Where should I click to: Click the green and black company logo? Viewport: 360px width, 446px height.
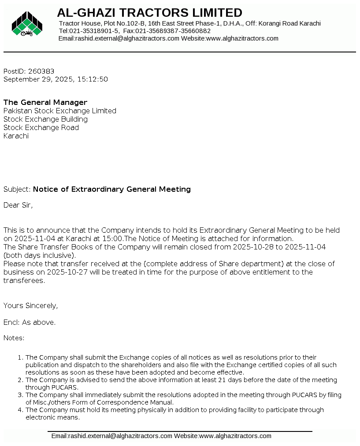click(x=27, y=24)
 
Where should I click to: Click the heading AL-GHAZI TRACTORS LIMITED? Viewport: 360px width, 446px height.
click(x=149, y=12)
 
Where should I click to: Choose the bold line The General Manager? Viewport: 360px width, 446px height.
click(x=45, y=102)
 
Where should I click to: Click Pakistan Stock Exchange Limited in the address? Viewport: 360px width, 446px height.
click(x=60, y=111)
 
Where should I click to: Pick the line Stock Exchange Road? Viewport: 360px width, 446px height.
click(x=41, y=127)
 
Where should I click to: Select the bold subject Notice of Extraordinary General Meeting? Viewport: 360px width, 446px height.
click(x=112, y=189)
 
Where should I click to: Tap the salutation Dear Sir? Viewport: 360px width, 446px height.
click(x=18, y=204)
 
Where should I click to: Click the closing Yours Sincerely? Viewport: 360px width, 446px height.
click(x=30, y=305)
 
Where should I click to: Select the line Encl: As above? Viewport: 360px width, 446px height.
click(x=30, y=322)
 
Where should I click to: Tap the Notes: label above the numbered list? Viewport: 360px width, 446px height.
click(x=14, y=338)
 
